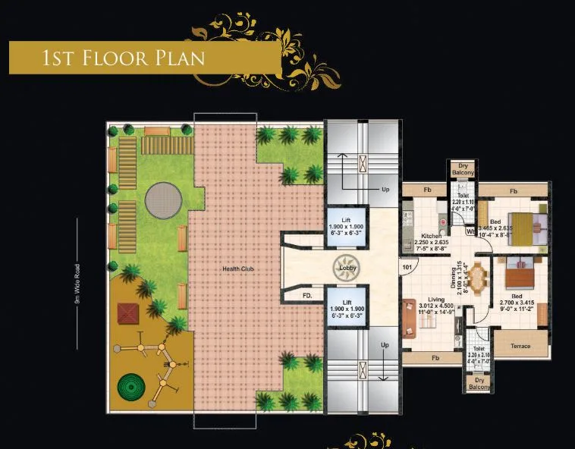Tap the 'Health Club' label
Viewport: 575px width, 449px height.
tap(237, 269)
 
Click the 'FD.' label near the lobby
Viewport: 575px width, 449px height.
tap(307, 294)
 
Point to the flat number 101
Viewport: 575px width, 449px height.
tap(407, 267)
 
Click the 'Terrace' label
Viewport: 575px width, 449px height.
tap(520, 346)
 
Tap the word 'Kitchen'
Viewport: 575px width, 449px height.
tap(432, 236)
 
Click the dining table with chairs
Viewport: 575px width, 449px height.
tap(478, 275)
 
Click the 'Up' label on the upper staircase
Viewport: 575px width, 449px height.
tap(385, 190)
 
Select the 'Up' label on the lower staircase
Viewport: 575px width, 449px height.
tap(385, 345)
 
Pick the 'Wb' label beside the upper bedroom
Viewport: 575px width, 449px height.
tap(470, 232)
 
